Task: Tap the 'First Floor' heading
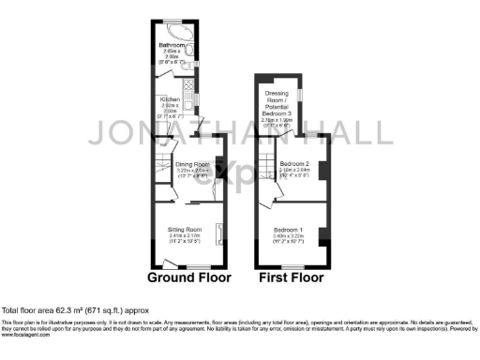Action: (292, 278)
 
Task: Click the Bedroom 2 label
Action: (295, 169)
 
